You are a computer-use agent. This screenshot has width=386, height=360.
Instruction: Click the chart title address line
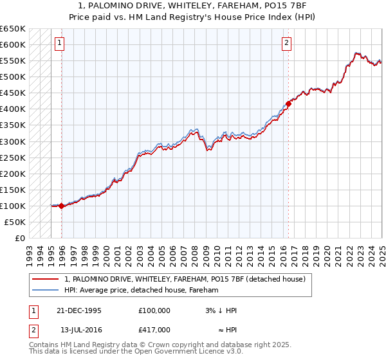(x=193, y=6)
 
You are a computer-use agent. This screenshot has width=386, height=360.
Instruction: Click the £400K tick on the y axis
(x=13, y=109)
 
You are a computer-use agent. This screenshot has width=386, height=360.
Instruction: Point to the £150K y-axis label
(x=13, y=190)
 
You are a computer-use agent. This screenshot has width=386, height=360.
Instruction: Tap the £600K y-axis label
(x=13, y=44)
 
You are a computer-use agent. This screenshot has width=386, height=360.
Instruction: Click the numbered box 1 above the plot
(x=59, y=43)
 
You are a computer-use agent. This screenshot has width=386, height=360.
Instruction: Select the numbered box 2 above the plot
(x=286, y=43)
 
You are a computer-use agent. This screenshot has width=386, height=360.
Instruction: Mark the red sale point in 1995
(x=62, y=206)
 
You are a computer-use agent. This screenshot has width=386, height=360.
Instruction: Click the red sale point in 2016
(x=288, y=104)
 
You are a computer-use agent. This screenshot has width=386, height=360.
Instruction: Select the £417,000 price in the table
(x=154, y=330)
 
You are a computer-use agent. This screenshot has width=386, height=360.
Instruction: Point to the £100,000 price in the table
(x=154, y=310)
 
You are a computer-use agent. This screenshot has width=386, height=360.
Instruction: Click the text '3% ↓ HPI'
(x=221, y=310)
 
